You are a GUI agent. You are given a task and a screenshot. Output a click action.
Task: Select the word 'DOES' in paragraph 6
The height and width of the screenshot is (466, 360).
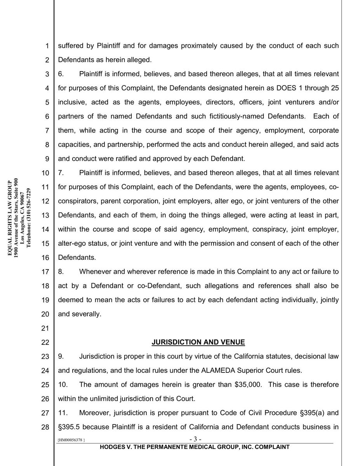pyautogui.click(x=285, y=88)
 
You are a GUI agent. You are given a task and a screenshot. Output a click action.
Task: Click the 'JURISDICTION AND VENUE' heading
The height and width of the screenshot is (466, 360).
pyautogui.click(x=198, y=342)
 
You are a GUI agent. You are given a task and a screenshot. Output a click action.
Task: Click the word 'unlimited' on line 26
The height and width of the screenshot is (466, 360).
pyautogui.click(x=103, y=399)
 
